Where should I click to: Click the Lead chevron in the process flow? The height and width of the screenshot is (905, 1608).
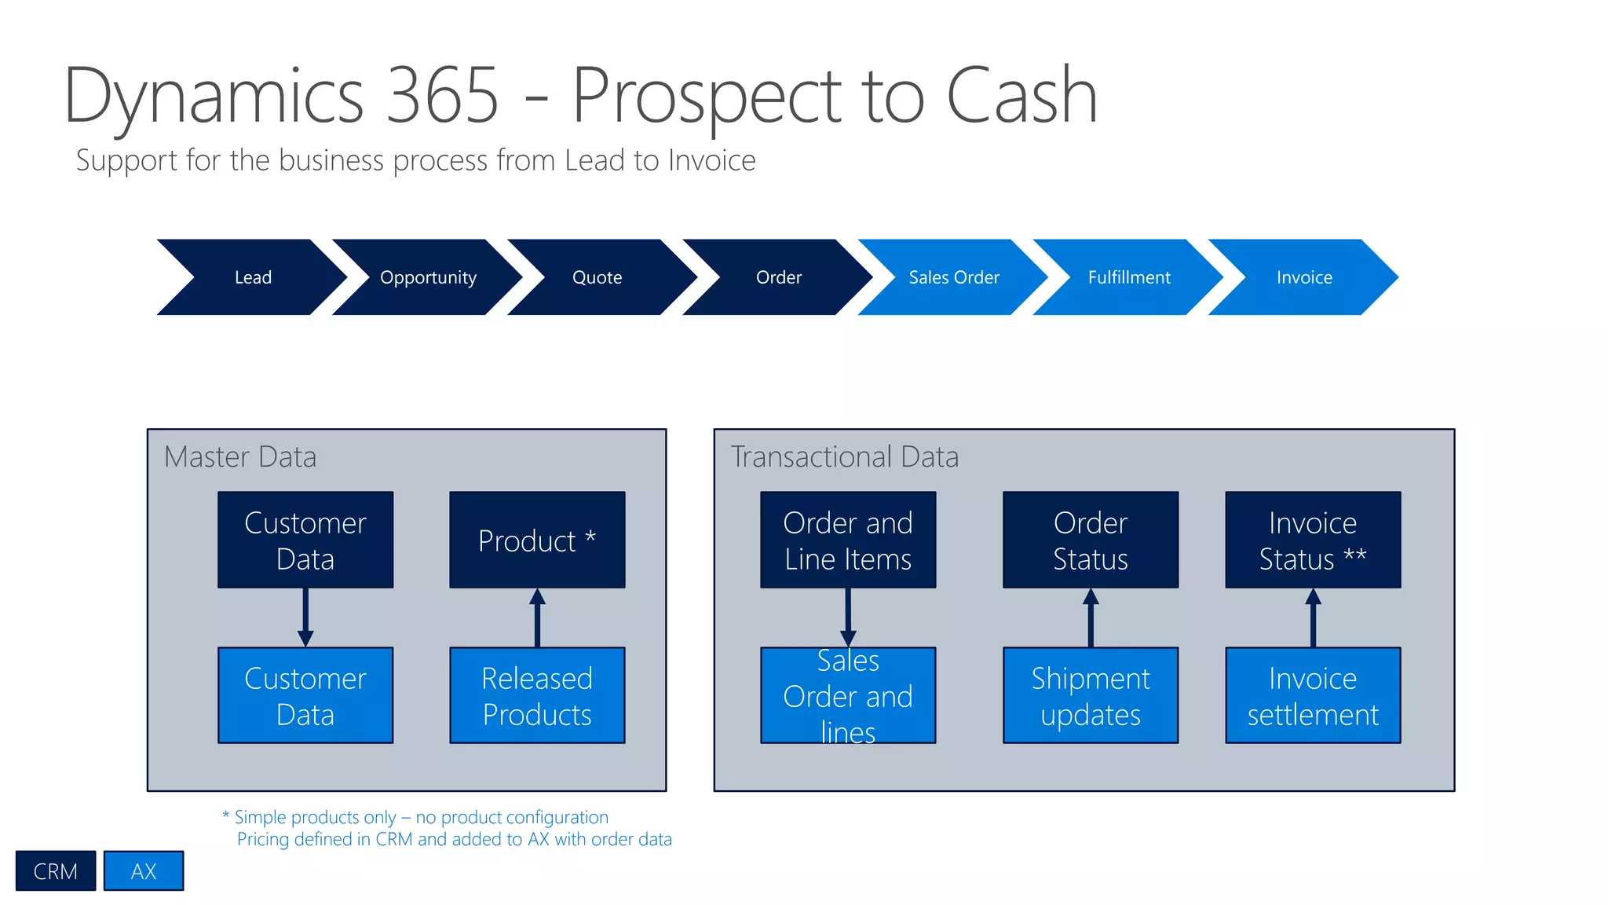click(253, 277)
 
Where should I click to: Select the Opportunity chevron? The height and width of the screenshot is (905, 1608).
click(428, 277)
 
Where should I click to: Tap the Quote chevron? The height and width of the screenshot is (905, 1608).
click(598, 277)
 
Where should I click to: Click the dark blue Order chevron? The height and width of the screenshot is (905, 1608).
click(778, 277)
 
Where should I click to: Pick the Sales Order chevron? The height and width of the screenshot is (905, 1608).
click(953, 277)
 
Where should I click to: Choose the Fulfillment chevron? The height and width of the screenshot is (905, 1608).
click(1128, 277)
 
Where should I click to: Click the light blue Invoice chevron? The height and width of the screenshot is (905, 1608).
click(1303, 277)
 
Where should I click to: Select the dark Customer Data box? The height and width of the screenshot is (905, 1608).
click(305, 540)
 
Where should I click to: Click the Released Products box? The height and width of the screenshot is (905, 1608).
click(537, 695)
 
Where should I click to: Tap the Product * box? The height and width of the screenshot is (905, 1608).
click(537, 540)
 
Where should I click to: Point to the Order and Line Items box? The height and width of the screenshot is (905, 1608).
click(848, 540)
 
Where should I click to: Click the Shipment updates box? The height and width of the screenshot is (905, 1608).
click(1091, 695)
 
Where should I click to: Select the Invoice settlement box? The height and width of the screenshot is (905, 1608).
click(1313, 695)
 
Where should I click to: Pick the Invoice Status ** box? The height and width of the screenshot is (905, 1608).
click(1313, 540)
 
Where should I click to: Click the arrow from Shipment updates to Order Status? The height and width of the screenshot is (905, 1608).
click(1091, 618)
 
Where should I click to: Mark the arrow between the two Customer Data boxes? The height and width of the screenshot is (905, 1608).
click(305, 617)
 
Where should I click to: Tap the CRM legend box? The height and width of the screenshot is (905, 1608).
click(56, 870)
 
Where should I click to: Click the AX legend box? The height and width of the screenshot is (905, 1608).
click(144, 870)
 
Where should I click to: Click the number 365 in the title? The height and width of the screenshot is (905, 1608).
click(443, 96)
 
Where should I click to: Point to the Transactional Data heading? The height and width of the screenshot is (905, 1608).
click(845, 456)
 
